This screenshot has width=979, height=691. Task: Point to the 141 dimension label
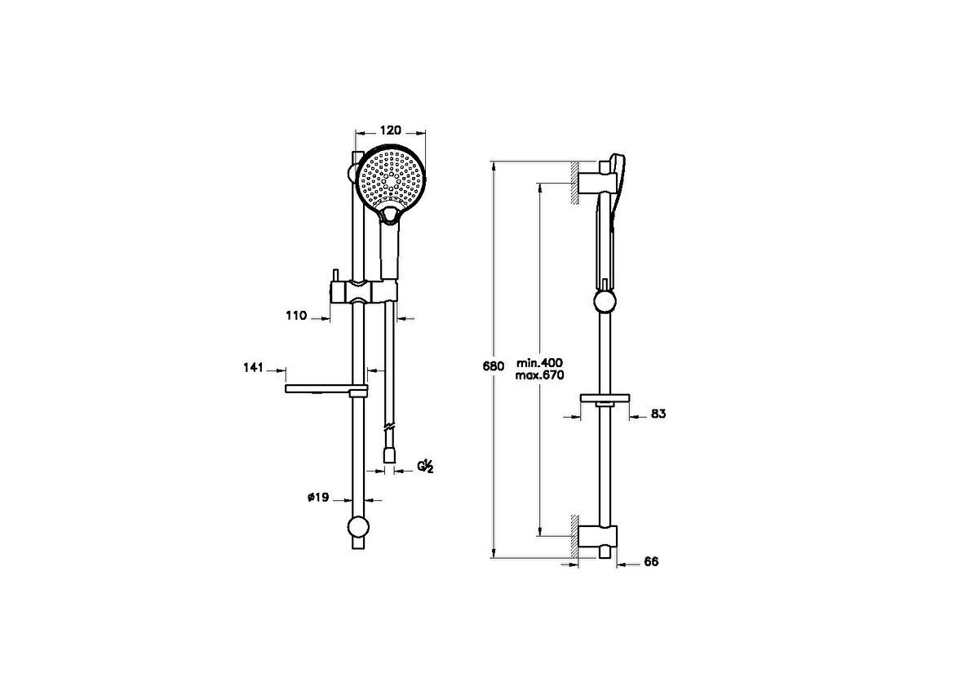click(253, 369)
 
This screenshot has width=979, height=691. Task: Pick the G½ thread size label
click(426, 467)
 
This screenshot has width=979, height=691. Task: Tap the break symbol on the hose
click(390, 426)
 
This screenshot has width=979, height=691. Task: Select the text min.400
click(540, 362)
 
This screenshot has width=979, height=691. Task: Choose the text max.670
click(540, 374)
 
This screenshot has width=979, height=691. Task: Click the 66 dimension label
click(651, 562)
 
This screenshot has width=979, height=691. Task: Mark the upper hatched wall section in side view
click(575, 179)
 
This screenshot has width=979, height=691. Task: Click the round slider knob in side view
click(605, 303)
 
